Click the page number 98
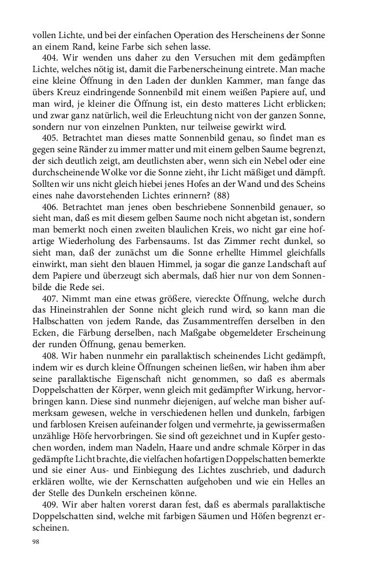tap(36, 543)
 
